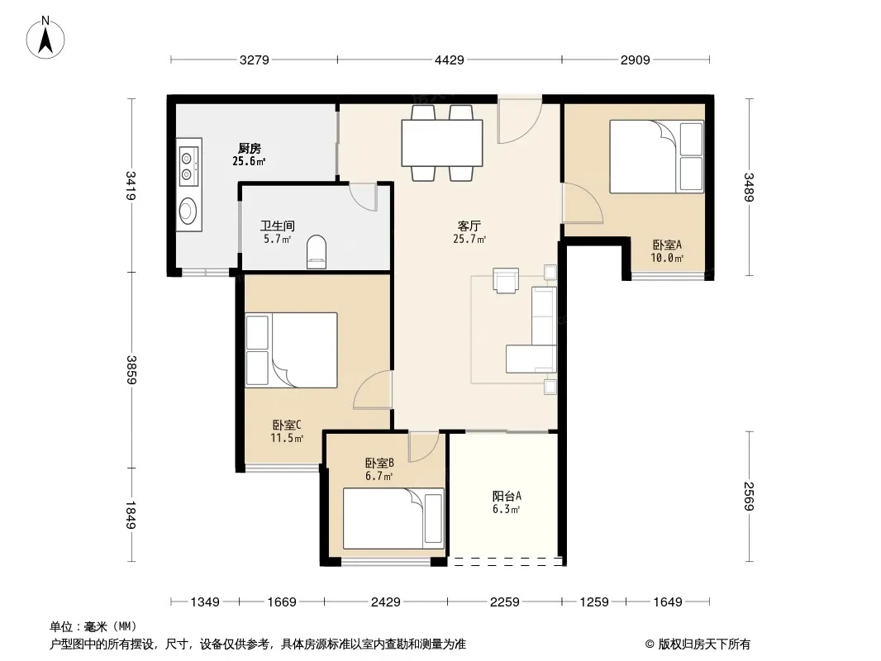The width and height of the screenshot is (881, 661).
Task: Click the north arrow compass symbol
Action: tap(45, 38)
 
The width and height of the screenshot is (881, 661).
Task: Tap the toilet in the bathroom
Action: tap(317, 252)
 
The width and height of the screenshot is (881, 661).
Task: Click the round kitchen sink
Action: tap(187, 212)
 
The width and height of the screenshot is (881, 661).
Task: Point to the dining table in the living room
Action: tap(442, 143)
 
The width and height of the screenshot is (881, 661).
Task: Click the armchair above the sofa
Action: tap(505, 279)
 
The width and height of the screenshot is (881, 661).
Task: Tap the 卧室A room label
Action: tap(667, 245)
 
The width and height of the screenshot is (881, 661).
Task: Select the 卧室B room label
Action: tap(379, 464)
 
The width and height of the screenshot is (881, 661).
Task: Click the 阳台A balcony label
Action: tap(507, 496)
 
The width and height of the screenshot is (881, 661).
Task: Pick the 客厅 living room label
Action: tap(469, 226)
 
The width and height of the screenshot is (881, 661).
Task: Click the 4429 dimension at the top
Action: tap(450, 59)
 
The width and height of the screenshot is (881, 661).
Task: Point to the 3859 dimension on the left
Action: tap(131, 369)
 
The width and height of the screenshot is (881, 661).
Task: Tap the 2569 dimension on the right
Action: tap(749, 497)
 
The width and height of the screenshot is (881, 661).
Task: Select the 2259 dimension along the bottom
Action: tap(505, 602)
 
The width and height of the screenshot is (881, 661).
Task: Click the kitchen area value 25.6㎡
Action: tap(249, 161)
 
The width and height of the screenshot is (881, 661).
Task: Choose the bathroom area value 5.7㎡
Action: tap(278, 239)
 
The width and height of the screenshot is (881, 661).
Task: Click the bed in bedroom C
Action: tap(291, 350)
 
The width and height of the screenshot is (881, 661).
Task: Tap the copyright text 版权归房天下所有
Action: tap(703, 644)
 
